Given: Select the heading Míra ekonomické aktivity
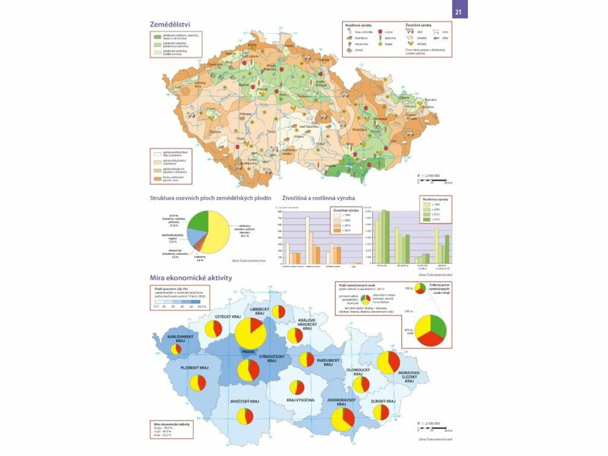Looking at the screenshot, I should [x=191, y=278].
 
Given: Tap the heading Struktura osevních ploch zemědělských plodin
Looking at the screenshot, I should [x=210, y=198].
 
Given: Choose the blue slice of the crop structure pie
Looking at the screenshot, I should [x=196, y=236].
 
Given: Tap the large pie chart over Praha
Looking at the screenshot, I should [x=251, y=333].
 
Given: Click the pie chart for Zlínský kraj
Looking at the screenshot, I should [x=381, y=411].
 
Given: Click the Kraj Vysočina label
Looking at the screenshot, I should [x=300, y=400].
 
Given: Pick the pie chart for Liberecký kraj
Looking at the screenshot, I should [x=278, y=312].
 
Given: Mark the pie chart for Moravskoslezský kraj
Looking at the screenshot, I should [x=389, y=362].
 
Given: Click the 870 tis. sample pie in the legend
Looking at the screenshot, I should [x=430, y=330].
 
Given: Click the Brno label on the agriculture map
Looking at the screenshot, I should [x=350, y=144].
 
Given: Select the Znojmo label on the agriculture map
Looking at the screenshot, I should [x=330, y=166].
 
